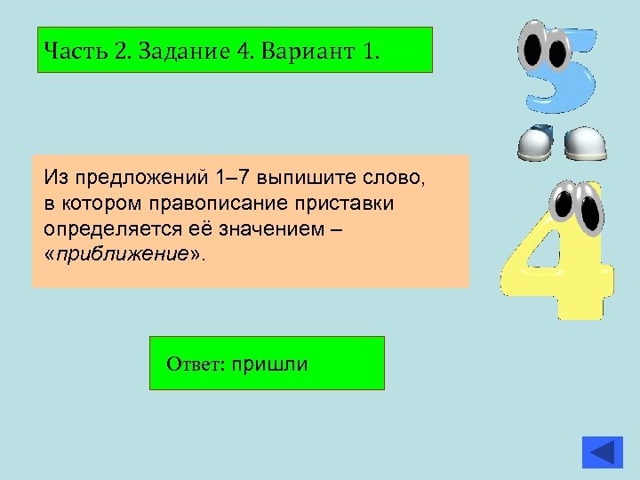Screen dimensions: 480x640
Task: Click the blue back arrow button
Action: click(603, 451)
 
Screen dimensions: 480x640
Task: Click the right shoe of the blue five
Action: click(587, 142)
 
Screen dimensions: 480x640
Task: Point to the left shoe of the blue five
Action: click(537, 142)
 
